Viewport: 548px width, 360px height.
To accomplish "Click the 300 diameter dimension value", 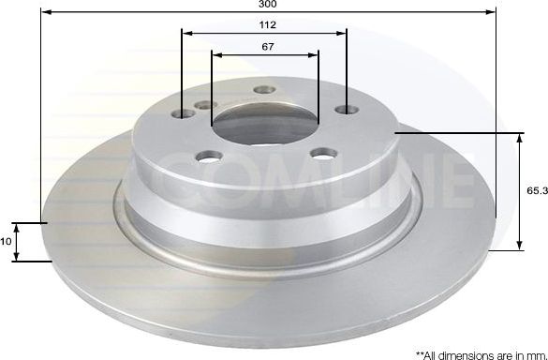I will tap(268, 5).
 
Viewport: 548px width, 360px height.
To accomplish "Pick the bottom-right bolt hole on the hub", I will tap(323, 152).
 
